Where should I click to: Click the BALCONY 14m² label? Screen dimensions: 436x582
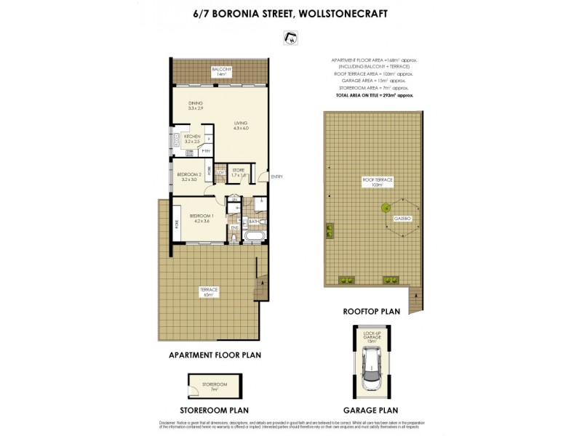tap(221, 71)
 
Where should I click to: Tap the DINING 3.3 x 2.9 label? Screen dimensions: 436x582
tap(195, 105)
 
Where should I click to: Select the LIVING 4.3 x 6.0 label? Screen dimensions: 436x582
tap(241, 126)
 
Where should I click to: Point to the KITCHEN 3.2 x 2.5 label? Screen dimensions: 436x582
tap(192, 139)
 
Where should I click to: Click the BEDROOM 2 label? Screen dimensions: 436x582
tap(189, 177)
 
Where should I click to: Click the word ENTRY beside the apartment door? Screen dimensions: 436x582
tap(276, 177)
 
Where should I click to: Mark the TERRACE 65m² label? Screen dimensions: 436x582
tap(210, 292)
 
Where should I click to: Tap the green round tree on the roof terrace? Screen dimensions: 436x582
tap(384, 208)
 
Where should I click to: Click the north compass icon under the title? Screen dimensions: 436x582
tap(291, 39)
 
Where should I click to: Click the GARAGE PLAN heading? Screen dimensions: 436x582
tap(372, 410)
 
